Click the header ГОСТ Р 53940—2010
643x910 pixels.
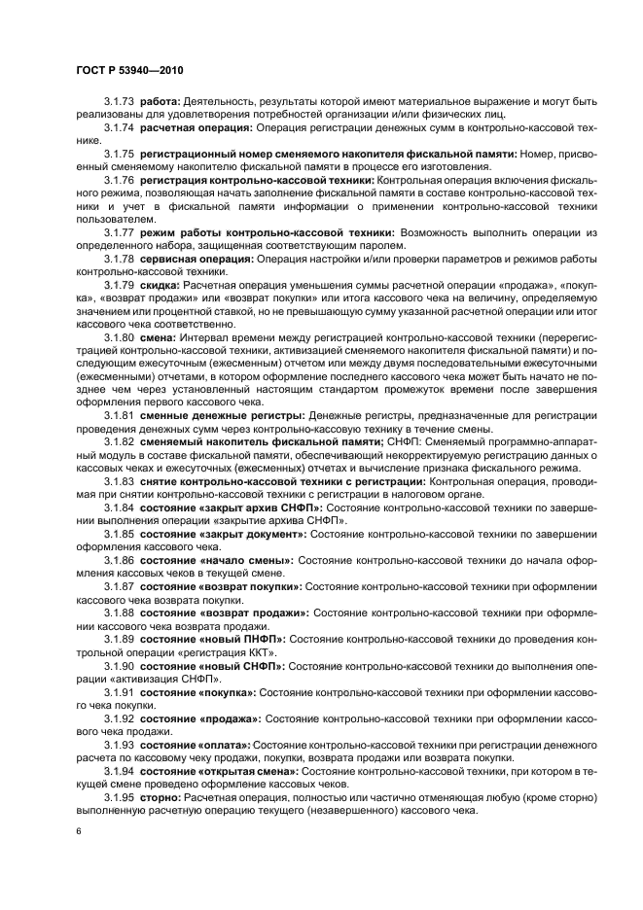pyautogui.click(x=129, y=71)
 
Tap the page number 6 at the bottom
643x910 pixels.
pyautogui.click(x=78, y=832)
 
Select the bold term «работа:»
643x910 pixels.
pyautogui.click(x=161, y=102)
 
